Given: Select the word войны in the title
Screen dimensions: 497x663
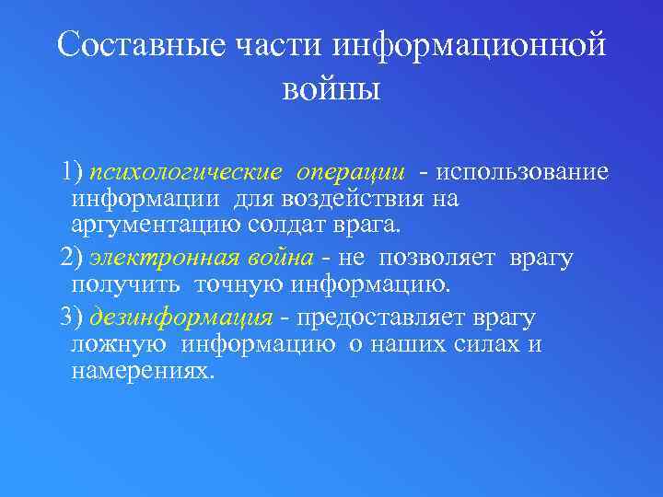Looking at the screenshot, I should pyautogui.click(x=331, y=90).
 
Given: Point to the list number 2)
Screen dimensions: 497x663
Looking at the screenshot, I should pyautogui.click(x=71, y=259).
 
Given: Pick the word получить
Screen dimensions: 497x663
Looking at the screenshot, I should pyautogui.click(x=116, y=284).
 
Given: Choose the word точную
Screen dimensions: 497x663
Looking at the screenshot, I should pyautogui.click(x=238, y=284).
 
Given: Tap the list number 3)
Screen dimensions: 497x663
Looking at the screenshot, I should pyautogui.click(x=71, y=318).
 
